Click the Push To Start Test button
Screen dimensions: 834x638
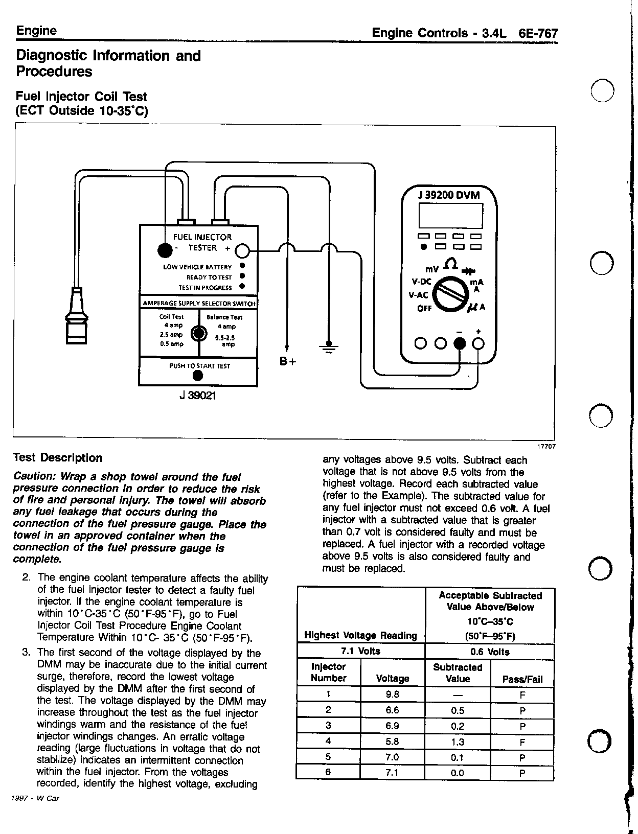tap(198, 376)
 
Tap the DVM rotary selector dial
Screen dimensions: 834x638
tap(450, 296)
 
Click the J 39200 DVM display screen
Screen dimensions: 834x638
tap(450, 216)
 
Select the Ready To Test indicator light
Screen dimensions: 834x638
tap(242, 277)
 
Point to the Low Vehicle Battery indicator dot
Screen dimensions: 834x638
tap(242, 266)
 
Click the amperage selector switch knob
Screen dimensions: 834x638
tap(198, 334)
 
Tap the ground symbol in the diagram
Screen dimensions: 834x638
tap(329, 347)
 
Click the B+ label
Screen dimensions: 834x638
tap(288, 362)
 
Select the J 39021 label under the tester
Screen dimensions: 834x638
tap(198, 396)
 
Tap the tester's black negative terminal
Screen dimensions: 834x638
tap(165, 250)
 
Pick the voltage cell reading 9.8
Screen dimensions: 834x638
tap(392, 694)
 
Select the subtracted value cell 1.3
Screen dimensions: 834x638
tap(458, 742)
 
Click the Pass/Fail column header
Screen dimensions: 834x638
tap(521, 679)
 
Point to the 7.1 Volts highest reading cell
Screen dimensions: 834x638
tap(360, 651)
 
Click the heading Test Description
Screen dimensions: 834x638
tap(57, 458)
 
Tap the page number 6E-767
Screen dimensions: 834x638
tap(538, 34)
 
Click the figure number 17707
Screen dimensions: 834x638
tap(545, 446)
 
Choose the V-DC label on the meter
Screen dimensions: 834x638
tap(422, 282)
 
